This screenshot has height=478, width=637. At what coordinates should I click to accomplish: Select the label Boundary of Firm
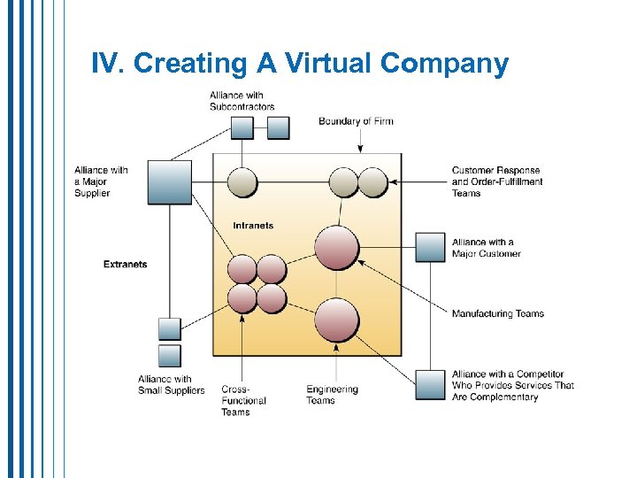(356, 121)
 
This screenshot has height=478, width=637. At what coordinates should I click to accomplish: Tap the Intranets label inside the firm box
(253, 226)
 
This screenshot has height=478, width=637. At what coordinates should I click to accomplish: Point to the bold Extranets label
(125, 264)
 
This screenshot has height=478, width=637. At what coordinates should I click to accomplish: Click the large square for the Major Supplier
(169, 182)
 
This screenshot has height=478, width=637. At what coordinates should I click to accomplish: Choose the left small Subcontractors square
(242, 128)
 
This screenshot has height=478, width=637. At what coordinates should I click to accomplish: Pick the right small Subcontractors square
(279, 128)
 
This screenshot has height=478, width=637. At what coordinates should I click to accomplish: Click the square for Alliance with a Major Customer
(431, 248)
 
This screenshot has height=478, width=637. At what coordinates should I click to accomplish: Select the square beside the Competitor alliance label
(431, 385)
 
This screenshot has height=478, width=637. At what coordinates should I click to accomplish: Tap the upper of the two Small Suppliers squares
(169, 329)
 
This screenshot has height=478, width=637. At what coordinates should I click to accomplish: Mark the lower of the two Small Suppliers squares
(169, 356)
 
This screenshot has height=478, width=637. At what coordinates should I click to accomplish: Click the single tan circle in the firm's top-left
(242, 182)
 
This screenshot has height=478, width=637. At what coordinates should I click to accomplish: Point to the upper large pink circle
(337, 248)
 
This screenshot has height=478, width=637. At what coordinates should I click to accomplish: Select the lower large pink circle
(337, 320)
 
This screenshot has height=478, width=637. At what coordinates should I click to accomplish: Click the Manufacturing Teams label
(497, 313)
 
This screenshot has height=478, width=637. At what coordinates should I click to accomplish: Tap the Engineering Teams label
(332, 395)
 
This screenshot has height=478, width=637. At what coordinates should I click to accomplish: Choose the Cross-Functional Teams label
(243, 400)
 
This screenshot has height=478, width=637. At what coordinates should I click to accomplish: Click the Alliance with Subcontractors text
(242, 101)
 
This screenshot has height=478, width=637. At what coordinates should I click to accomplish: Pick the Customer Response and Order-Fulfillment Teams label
(496, 181)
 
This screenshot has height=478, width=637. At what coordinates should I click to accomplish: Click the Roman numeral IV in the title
(106, 64)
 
